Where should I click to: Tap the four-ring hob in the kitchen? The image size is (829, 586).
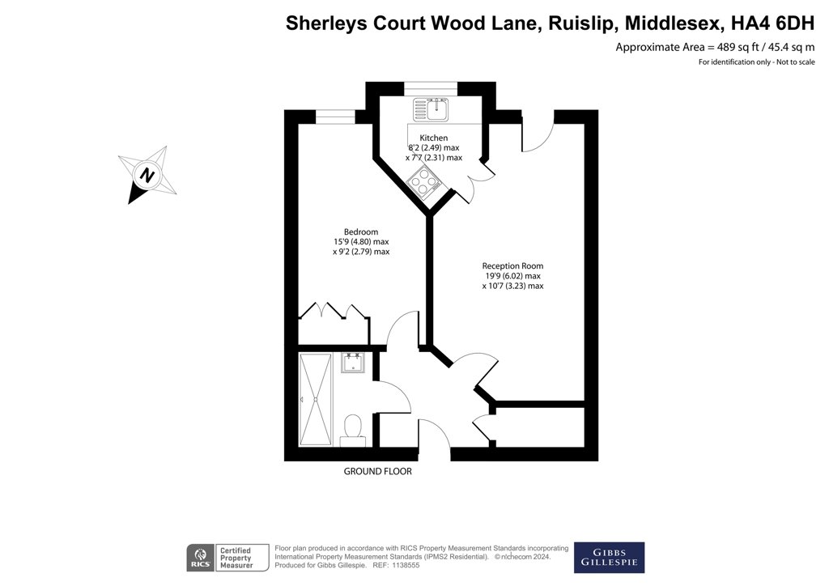click(424, 180)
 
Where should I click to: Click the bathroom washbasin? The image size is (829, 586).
click(351, 363)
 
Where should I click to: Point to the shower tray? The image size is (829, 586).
click(316, 400)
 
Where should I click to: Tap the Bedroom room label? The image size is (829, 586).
click(361, 231)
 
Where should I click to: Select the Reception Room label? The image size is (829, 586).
click(512, 265)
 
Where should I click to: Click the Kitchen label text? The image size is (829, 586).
click(434, 138)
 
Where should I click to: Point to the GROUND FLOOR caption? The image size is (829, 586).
click(377, 471)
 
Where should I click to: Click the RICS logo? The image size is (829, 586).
click(201, 558)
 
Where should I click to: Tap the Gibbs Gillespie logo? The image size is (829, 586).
click(609, 558)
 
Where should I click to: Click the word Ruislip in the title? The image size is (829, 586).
click(582, 23)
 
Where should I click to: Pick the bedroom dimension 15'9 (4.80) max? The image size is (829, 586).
click(361, 241)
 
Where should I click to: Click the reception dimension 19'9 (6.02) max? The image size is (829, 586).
click(512, 276)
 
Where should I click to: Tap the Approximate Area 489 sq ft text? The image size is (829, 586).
click(687, 47)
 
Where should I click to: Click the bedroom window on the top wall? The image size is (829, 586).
click(336, 117)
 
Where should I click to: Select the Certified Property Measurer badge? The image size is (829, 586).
click(236, 558)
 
